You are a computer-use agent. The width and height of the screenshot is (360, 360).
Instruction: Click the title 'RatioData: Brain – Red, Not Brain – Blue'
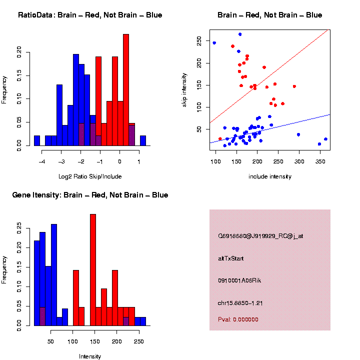[x=90, y=15]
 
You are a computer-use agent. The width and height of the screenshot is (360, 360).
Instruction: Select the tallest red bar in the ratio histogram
[x=126, y=90]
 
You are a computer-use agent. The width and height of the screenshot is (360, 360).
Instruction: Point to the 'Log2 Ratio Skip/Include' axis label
[x=90, y=176]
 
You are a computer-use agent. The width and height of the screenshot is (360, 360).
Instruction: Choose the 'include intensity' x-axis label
[x=270, y=176]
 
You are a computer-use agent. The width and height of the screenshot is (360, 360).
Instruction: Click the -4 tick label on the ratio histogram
[x=42, y=161]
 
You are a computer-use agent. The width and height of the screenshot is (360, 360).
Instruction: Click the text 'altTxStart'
[x=231, y=258]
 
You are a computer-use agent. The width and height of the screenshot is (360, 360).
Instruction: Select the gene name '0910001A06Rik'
[x=239, y=280]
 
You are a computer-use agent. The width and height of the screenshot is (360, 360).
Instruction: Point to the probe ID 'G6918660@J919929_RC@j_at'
[x=260, y=236]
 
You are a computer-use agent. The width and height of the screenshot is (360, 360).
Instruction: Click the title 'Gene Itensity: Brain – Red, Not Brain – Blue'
[x=90, y=195]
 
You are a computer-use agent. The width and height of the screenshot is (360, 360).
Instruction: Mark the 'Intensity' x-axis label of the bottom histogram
[x=90, y=356]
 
